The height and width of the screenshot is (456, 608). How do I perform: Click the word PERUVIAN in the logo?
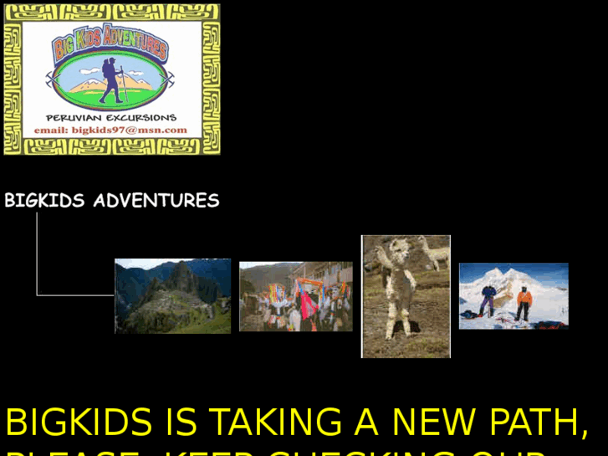73,118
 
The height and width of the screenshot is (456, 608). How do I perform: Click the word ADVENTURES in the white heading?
156,201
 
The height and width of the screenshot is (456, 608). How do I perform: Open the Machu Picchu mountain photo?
172,296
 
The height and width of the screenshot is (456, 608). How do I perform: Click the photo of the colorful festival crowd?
295,296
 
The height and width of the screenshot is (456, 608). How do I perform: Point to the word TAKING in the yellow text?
275,423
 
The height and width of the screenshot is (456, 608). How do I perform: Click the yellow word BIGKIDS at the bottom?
79,423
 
